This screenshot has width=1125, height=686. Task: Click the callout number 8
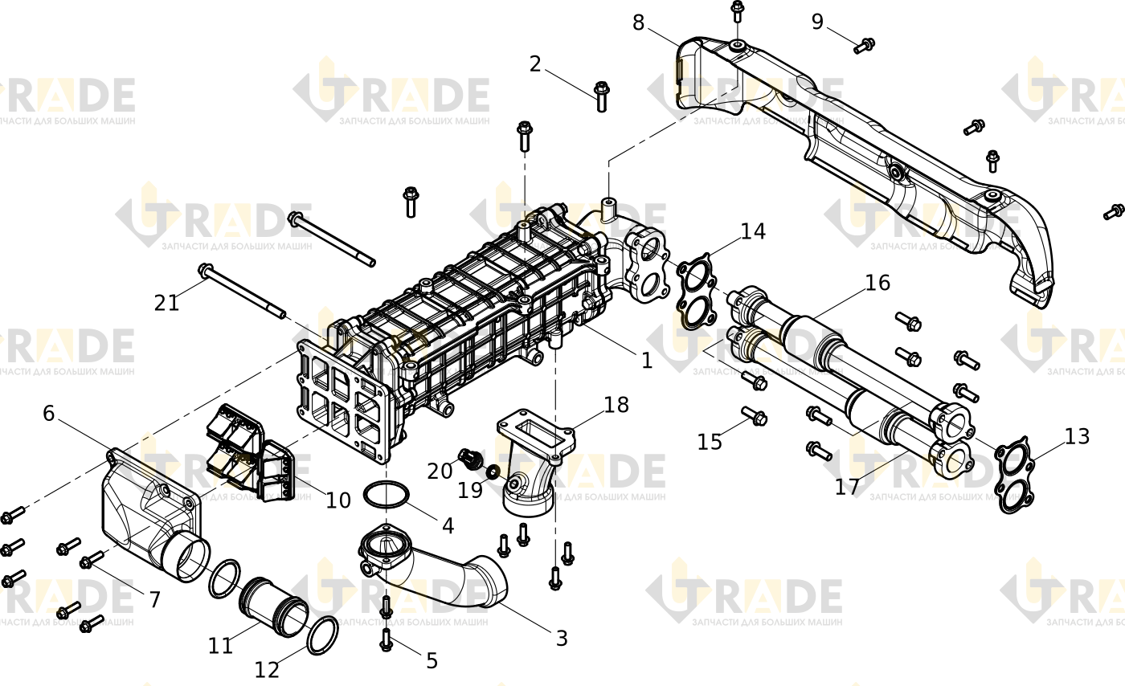coord(638,22)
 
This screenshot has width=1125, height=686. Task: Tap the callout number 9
coord(818,22)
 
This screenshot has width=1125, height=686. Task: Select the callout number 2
coord(535,63)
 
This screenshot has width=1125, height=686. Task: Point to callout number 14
coord(754,231)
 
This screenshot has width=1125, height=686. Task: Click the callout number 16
coord(877,283)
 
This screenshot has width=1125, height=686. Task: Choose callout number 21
coord(167,303)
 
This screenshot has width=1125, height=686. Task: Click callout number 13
coord(1078,436)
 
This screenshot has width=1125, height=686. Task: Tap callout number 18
coord(617,405)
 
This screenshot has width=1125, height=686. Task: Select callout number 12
coord(267,669)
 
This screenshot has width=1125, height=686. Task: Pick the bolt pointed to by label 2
coord(601,96)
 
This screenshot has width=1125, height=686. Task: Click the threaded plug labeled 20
coord(471,459)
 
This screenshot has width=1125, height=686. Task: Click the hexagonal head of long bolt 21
coord(206,271)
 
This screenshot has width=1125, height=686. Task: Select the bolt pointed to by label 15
coord(754,416)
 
